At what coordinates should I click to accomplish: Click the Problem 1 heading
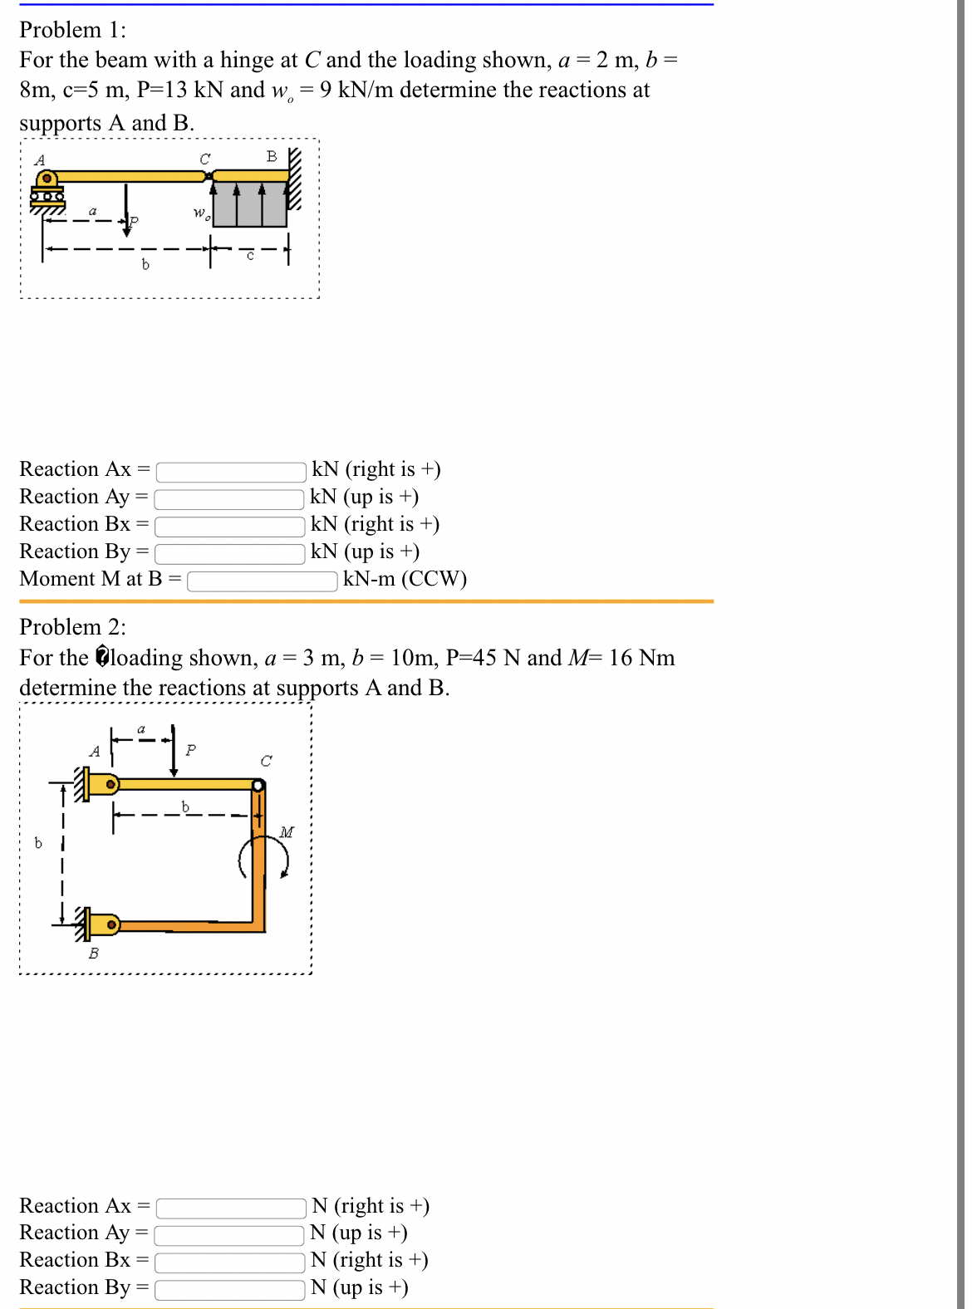(73, 30)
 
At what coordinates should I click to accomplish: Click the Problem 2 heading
(73, 627)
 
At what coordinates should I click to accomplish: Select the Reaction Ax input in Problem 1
(231, 471)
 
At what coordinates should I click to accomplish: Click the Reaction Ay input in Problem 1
(229, 498)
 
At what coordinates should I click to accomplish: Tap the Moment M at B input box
(263, 581)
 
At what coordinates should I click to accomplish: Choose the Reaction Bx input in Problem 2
(229, 1262)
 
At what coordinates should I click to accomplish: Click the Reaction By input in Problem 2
(229, 1289)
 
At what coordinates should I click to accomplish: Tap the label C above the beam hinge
(205, 159)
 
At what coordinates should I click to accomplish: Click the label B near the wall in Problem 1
(272, 156)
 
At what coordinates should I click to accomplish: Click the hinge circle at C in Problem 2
(258, 785)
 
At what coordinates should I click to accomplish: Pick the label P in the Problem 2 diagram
(191, 750)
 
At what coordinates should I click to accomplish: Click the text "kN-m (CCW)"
(405, 579)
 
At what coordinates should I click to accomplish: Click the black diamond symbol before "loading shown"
(102, 657)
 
